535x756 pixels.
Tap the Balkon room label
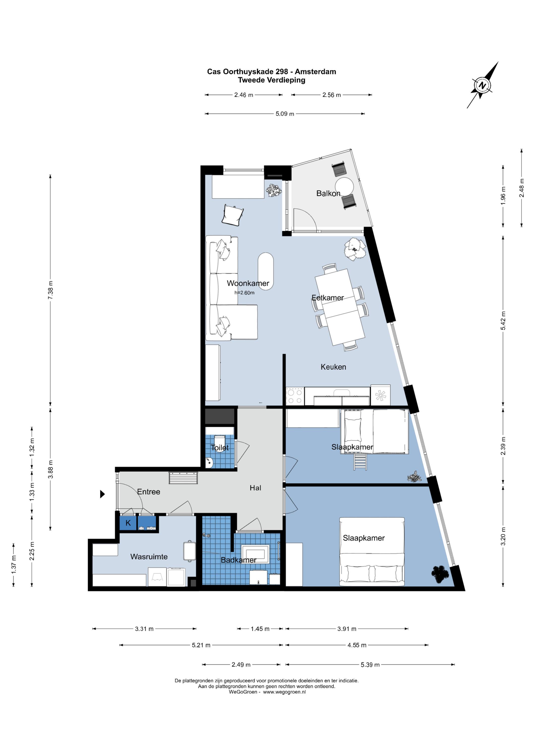pos(328,193)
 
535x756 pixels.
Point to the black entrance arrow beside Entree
pos(102,494)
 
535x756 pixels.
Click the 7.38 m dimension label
pos(50,290)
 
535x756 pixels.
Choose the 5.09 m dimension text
pos(285,114)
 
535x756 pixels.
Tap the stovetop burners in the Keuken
pos(294,396)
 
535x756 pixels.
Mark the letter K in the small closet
pos(128,523)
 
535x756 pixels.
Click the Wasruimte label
pos(149,556)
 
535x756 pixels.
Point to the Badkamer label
pos(239,560)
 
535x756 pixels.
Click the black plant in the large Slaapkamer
pos(440,574)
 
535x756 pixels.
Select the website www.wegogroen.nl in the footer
pos(284,692)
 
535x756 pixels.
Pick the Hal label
pos(255,488)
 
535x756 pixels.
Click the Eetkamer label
pos(328,298)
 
